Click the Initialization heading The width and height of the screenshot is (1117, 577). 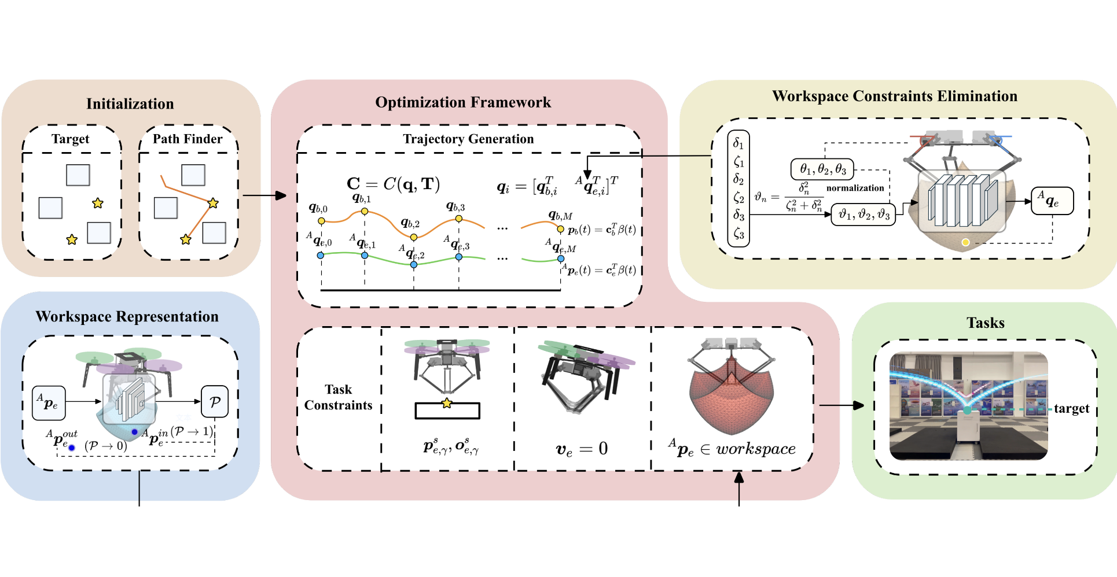(130, 104)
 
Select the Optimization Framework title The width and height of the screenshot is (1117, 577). (463, 102)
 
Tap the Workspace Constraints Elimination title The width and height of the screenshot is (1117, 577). (894, 96)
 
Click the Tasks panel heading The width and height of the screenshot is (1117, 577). (985, 323)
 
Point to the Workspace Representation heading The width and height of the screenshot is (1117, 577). (127, 317)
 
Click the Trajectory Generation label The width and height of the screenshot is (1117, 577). (468, 139)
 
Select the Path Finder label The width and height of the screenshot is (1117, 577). (188, 139)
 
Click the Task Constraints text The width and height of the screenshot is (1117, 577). (338, 397)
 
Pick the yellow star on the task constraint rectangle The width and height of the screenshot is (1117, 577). (447, 403)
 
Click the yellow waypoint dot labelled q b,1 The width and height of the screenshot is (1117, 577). (365, 212)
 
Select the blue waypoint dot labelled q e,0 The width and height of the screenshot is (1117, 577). (321, 255)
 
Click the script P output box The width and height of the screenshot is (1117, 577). (214, 401)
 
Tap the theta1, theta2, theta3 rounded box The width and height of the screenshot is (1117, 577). (822, 170)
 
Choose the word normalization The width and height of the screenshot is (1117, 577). (855, 188)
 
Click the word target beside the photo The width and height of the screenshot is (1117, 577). (1071, 409)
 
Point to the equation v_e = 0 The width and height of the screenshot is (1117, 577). (581, 449)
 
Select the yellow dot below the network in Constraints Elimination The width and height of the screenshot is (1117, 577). (965, 242)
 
